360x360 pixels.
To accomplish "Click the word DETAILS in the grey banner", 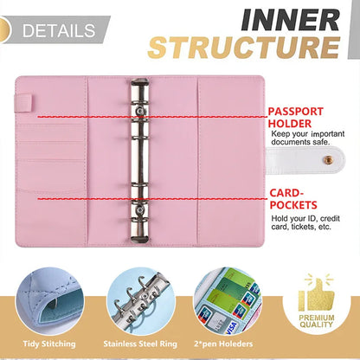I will pyautogui.click(x=58, y=31).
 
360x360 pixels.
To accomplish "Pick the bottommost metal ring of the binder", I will pyautogui.click(x=140, y=232).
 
